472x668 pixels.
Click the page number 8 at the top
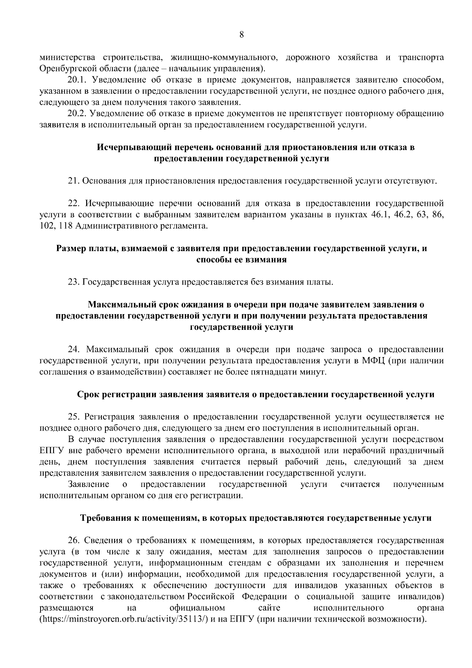(x=242, y=35)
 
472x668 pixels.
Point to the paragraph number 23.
(x=74, y=282)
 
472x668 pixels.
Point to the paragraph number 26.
(x=74, y=540)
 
